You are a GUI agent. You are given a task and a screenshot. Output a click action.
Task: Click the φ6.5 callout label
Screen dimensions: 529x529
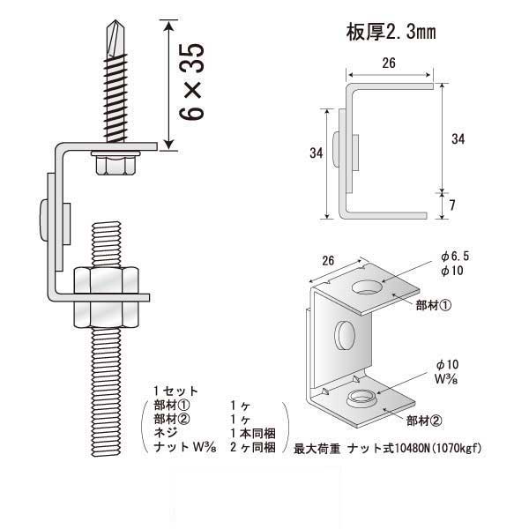453,256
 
